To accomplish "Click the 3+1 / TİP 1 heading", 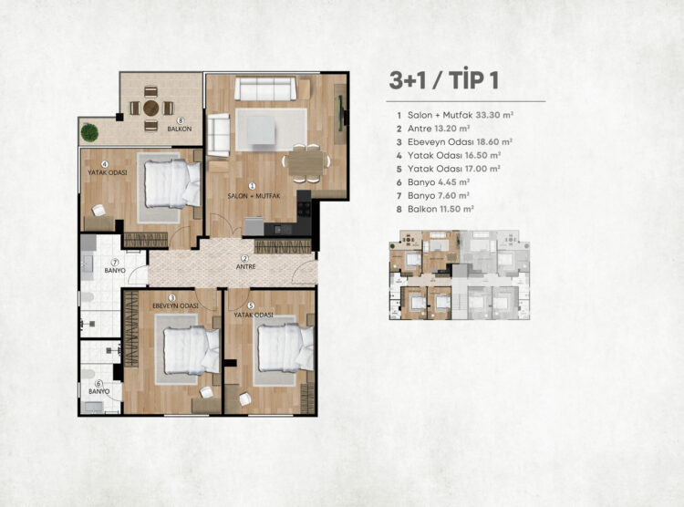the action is [x=443, y=80].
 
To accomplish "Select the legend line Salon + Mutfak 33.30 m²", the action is [x=455, y=115].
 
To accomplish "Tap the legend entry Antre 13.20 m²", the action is [x=433, y=129].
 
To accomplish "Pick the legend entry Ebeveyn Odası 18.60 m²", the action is [x=454, y=142].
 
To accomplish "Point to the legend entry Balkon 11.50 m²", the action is [x=435, y=209].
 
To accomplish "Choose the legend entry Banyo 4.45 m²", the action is [x=433, y=182].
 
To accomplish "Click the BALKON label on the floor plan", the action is [x=180, y=129].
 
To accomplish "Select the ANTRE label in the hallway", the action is [x=245, y=266].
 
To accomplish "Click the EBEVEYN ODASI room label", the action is [x=175, y=305].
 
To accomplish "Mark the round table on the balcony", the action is [x=150, y=108].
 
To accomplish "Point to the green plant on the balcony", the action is [x=89, y=132].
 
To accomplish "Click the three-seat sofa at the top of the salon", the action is [x=265, y=88].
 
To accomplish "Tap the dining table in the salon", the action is [x=306, y=162].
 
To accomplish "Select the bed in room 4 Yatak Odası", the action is [x=172, y=183].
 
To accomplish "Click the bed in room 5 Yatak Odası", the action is [x=285, y=347].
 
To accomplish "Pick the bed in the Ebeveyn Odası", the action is [x=192, y=350].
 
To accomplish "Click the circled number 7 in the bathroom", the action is [x=115, y=263].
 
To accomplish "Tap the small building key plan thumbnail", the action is [x=460, y=274].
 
